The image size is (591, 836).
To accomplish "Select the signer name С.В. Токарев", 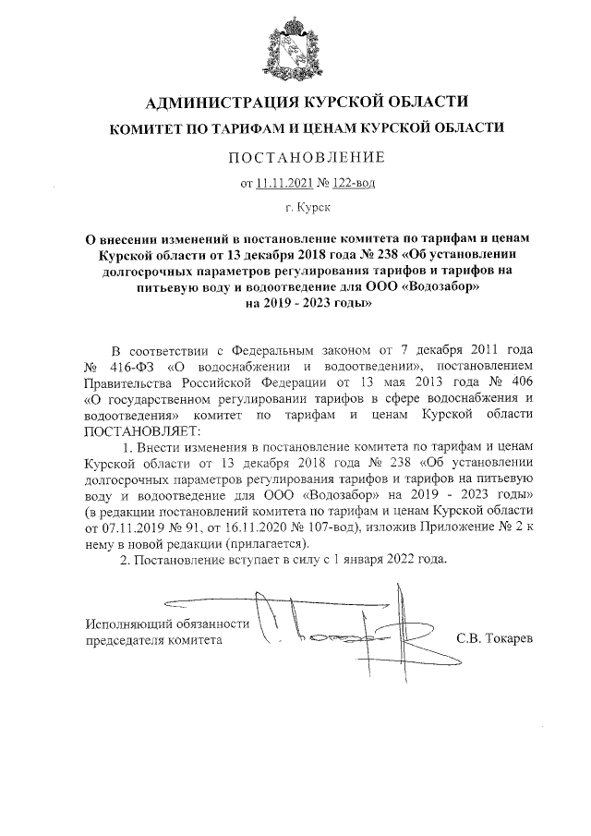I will [x=495, y=639].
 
